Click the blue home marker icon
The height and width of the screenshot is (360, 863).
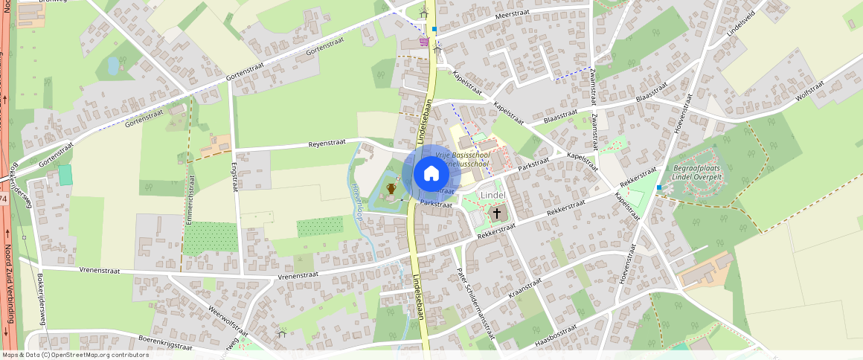click(431, 173)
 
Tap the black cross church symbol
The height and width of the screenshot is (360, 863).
click(497, 213)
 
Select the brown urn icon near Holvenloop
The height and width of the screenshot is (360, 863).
click(391, 188)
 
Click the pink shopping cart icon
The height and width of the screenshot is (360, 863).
click(424, 42)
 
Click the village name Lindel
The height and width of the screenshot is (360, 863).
click(493, 195)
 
